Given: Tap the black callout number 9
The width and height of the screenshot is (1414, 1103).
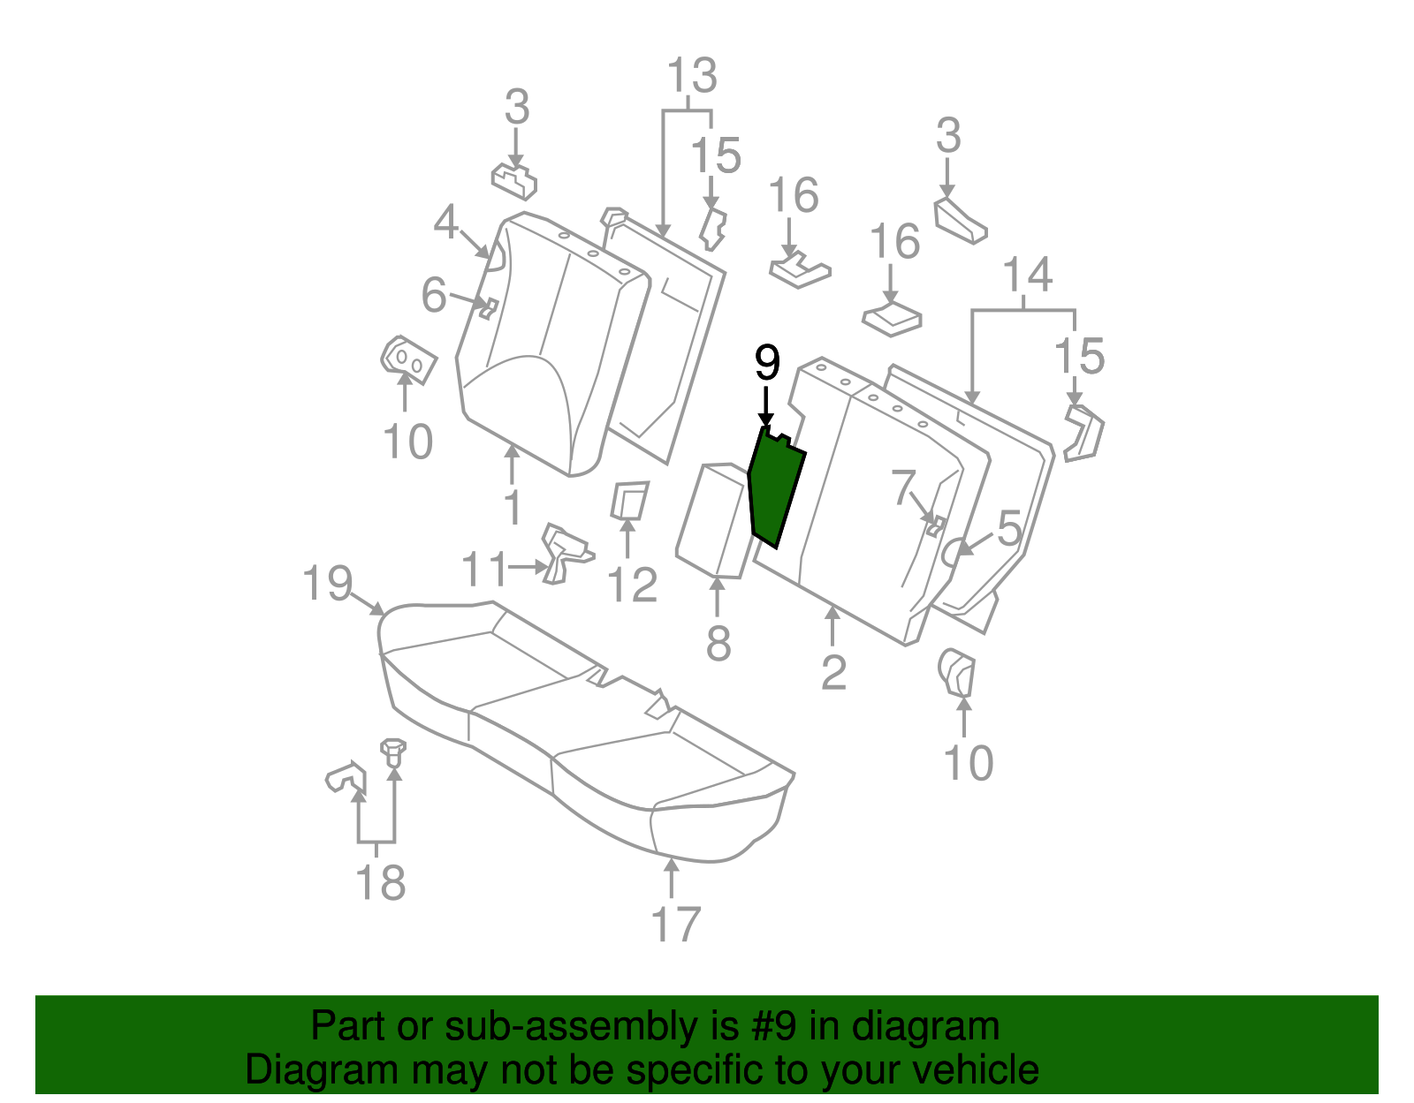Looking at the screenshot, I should pos(767,364).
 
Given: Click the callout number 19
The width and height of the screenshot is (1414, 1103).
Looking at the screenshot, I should pos(328,584).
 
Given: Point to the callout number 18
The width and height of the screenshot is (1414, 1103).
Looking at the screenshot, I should pos(380,882).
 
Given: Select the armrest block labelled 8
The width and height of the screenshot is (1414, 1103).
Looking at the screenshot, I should pos(713,521).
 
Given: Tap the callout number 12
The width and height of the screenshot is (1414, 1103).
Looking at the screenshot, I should pos(633,585).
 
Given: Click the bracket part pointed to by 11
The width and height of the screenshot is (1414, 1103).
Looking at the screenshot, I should pos(563,552).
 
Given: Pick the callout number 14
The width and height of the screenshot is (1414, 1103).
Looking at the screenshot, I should pos(1028,275).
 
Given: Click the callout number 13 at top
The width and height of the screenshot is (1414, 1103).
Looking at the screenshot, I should pos(691,76).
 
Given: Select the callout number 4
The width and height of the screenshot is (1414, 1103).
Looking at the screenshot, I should pos(446,222).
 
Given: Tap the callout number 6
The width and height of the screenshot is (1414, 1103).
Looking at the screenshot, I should pos(433,295).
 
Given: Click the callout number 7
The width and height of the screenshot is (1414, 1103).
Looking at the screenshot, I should pos(903,487).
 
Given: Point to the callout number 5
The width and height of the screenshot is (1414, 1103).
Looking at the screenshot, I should pos(1008,528).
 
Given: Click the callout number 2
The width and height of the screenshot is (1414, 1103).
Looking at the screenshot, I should pos(833,673).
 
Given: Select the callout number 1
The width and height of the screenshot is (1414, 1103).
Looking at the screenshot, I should pos(513,508).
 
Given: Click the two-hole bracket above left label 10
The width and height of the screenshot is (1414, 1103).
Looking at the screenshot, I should pos(407,359).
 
